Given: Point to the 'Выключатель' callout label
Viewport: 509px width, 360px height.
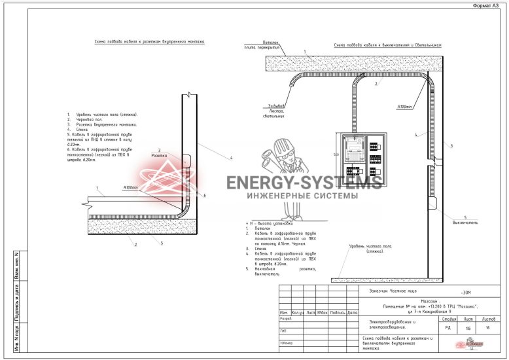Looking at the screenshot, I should click(x=465, y=221).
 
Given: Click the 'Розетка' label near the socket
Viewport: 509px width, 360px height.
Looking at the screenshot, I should click(x=159, y=156).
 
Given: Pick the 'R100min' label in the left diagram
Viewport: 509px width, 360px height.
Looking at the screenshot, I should click(x=131, y=188).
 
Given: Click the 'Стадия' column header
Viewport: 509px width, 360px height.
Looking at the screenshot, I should click(x=448, y=318).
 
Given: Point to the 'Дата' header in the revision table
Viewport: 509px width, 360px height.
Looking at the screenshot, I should click(x=353, y=312).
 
